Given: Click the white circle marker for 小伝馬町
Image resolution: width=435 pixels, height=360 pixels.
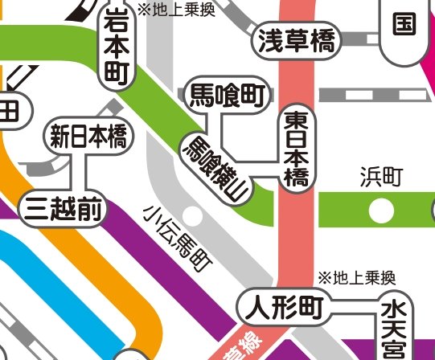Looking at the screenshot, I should click(x=192, y=215).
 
